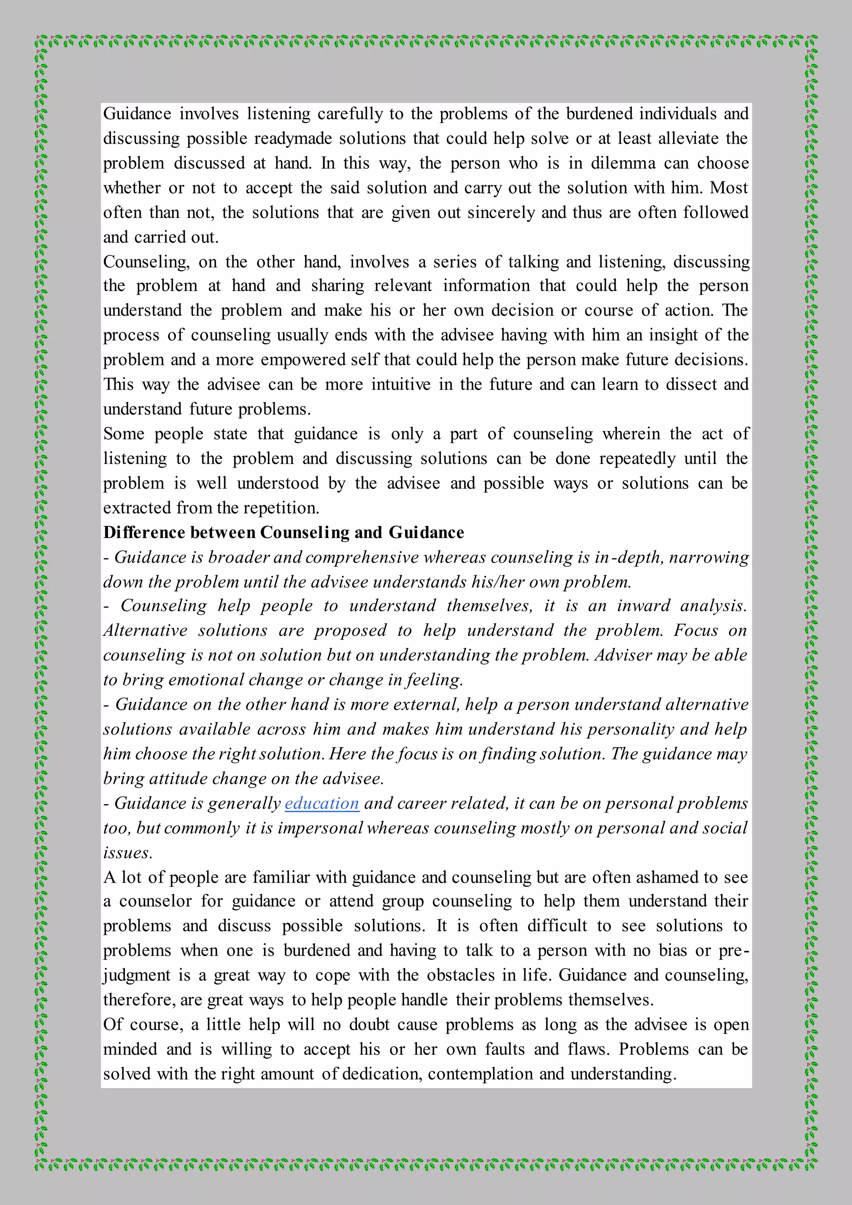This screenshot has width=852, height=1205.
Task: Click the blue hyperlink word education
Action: (x=322, y=803)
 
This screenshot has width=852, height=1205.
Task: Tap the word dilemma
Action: (x=623, y=163)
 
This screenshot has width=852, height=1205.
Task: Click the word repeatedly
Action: (x=637, y=458)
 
